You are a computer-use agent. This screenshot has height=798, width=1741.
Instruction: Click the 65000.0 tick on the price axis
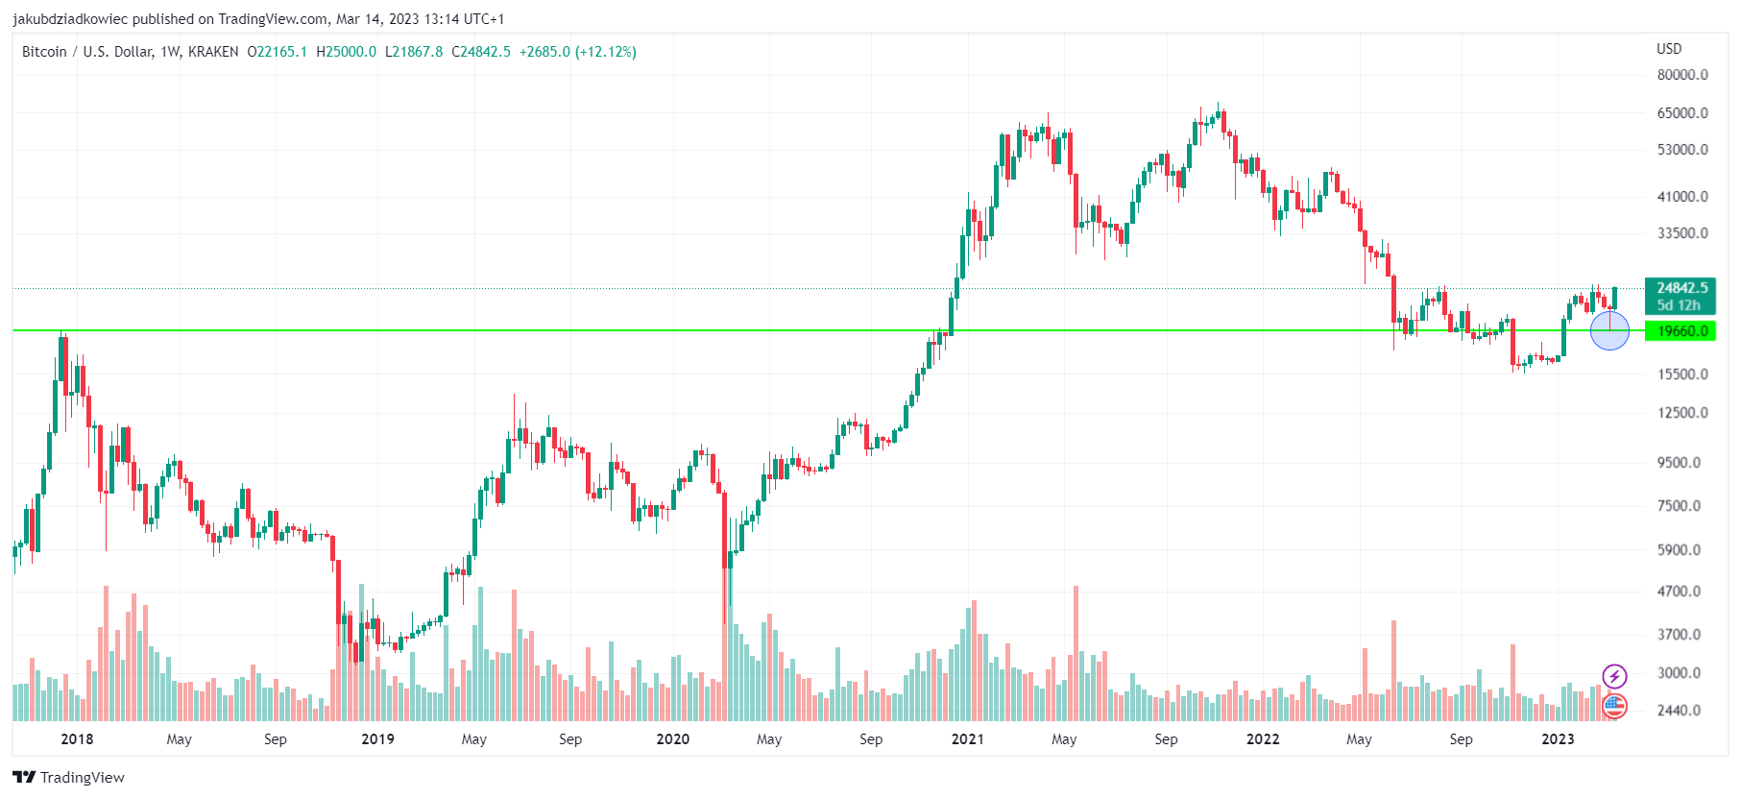[x=1682, y=113]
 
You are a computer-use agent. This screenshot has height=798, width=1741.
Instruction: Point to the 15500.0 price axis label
[x=1682, y=375]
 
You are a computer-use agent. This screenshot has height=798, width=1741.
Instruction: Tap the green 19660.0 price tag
[x=1682, y=331]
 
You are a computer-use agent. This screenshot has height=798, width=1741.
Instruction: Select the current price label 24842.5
[x=1682, y=288]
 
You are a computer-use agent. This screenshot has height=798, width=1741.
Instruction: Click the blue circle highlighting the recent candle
[x=1609, y=331]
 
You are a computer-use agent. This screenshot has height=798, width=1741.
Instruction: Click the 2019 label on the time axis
[x=377, y=739]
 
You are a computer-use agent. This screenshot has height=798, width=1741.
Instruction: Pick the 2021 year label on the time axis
[x=967, y=739]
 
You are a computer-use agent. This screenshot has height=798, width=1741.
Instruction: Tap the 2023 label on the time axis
[x=1558, y=739]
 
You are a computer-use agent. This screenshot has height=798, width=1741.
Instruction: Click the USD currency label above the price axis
[x=1669, y=49]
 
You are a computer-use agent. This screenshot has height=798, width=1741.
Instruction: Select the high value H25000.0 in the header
[x=347, y=52]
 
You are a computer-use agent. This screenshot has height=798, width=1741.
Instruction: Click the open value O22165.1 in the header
[x=278, y=52]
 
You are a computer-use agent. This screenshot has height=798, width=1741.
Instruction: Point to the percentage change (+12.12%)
[x=606, y=52]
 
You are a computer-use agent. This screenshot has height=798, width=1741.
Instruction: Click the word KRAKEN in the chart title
[x=213, y=52]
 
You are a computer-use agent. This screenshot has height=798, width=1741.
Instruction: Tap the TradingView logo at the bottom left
[x=69, y=777]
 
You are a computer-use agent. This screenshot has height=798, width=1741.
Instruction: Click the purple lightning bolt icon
[x=1614, y=676]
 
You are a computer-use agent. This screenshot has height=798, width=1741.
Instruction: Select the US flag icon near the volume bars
[x=1614, y=707]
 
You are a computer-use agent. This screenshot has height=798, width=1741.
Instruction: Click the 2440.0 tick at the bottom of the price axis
[x=1679, y=711]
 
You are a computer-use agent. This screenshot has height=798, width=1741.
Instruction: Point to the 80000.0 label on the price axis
[x=1682, y=75]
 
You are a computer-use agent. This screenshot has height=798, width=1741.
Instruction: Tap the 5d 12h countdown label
[x=1679, y=305]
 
